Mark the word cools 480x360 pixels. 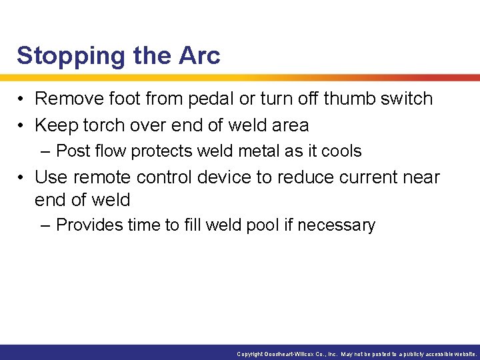point(341,151)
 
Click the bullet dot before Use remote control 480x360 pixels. point(22,178)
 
